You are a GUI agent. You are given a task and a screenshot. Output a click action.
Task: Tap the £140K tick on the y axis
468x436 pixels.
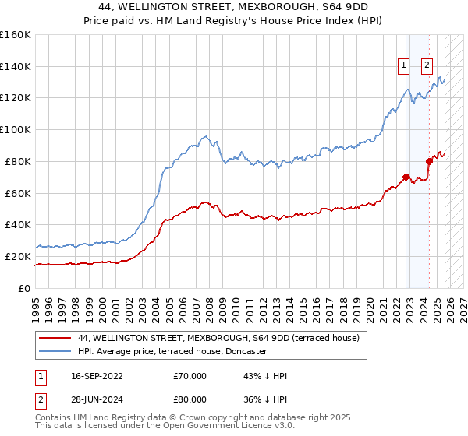click(16, 66)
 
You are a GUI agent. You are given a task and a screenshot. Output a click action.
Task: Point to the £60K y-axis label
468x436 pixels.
click(18, 193)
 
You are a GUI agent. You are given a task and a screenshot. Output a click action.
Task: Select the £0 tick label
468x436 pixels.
click(23, 288)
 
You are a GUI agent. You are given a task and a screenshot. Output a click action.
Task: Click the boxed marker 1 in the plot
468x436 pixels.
click(404, 66)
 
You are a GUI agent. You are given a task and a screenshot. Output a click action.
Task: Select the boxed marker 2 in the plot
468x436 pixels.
click(427, 66)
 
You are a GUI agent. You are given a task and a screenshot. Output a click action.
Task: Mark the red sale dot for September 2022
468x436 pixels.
click(406, 176)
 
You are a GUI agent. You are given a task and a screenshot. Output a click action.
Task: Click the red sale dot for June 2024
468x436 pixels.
click(430, 161)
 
